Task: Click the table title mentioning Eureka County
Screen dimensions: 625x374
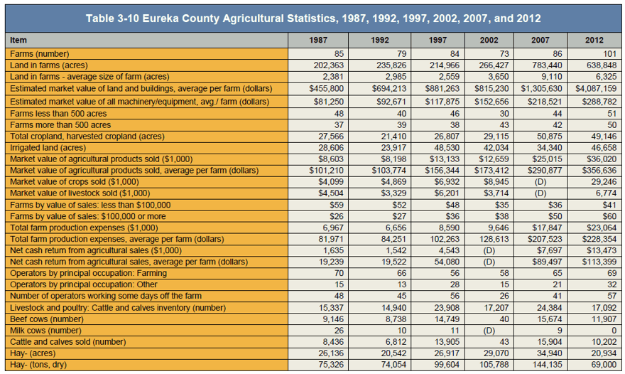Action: pyautogui.click(x=313, y=18)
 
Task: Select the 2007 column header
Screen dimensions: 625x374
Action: pyautogui.click(x=540, y=40)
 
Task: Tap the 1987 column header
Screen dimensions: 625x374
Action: pyautogui.click(x=318, y=40)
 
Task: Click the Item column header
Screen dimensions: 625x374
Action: pyautogui.click(x=18, y=40)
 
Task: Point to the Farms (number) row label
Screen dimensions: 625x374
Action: pyautogui.click(x=40, y=54)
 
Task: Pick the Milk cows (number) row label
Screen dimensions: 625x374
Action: pyautogui.click(x=45, y=331)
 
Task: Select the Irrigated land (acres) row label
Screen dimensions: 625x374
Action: pyautogui.click(x=48, y=148)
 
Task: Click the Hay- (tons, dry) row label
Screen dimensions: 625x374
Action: pyautogui.click(x=38, y=365)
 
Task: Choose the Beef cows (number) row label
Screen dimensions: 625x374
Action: pyautogui.click(x=47, y=319)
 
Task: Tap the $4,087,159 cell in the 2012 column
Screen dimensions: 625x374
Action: pyautogui.click(x=595, y=88)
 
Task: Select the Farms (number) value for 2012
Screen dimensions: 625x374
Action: pyautogui.click(x=610, y=54)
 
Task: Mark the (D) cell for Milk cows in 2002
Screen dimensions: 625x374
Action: pyautogui.click(x=489, y=331)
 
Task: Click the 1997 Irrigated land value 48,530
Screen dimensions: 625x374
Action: pyautogui.click(x=447, y=148)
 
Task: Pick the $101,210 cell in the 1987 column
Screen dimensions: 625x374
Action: pyautogui.click(x=327, y=171)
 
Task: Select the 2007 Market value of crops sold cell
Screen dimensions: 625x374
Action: pyautogui.click(x=540, y=182)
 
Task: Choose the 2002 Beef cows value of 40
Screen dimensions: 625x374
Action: pyautogui.click(x=504, y=319)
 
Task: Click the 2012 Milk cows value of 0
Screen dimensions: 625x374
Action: pyautogui.click(x=614, y=331)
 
